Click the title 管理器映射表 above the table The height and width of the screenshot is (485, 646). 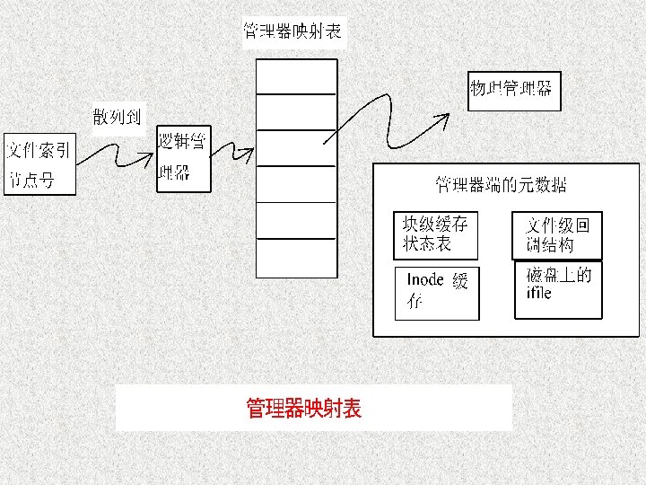point(293,31)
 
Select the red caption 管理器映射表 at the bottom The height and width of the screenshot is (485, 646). point(304,409)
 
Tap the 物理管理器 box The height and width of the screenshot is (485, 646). point(513,90)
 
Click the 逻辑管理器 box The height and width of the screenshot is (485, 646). point(183,158)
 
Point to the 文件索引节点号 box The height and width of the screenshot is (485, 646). point(39,164)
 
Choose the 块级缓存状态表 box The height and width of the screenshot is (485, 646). point(436,234)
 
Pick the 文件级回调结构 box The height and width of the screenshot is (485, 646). point(556,234)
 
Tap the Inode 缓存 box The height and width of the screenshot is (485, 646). point(437,292)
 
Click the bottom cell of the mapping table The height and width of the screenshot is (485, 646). point(296,257)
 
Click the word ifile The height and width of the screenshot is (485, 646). point(539,294)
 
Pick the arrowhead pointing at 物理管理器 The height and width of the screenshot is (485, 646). point(444,118)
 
